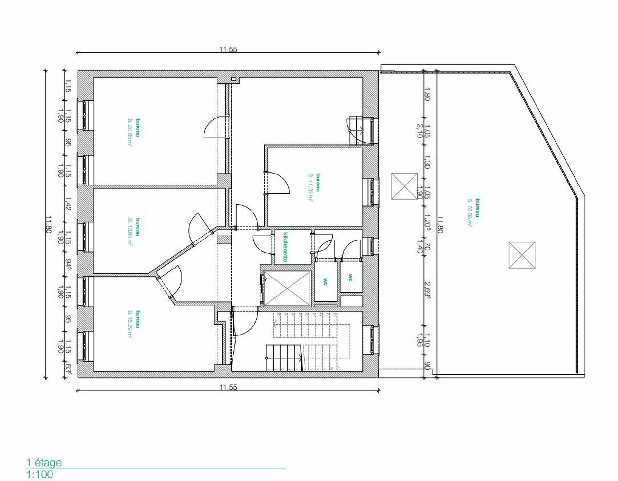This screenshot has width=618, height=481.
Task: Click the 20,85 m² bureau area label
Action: click(130, 132)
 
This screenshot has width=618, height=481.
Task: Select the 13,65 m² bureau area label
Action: click(130, 232)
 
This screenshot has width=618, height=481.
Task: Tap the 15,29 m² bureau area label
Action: click(130, 325)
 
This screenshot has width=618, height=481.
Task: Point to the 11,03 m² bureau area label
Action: click(310, 187)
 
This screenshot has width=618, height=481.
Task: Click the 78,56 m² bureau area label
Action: click(470, 212)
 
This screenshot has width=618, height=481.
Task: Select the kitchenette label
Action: click(285, 247)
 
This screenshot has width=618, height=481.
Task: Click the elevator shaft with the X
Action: click(287, 288)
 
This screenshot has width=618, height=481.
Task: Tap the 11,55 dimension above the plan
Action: click(228, 50)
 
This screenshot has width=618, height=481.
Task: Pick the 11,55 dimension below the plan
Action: click(228, 387)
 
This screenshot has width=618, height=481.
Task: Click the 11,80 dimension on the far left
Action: click(48, 224)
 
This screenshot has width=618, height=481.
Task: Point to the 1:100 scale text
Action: click(40, 474)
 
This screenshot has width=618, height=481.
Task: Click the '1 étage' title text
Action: click(43, 463)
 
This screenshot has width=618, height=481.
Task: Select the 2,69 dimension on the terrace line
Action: click(428, 290)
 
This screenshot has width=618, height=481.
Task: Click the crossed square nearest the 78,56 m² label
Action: click(522, 255)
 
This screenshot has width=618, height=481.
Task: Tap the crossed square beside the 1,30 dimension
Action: click(404, 186)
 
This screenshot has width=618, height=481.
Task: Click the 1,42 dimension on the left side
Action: click(68, 203)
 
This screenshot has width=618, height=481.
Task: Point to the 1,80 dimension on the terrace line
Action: click(427, 94)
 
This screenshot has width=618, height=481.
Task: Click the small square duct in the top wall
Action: click(234, 79)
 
